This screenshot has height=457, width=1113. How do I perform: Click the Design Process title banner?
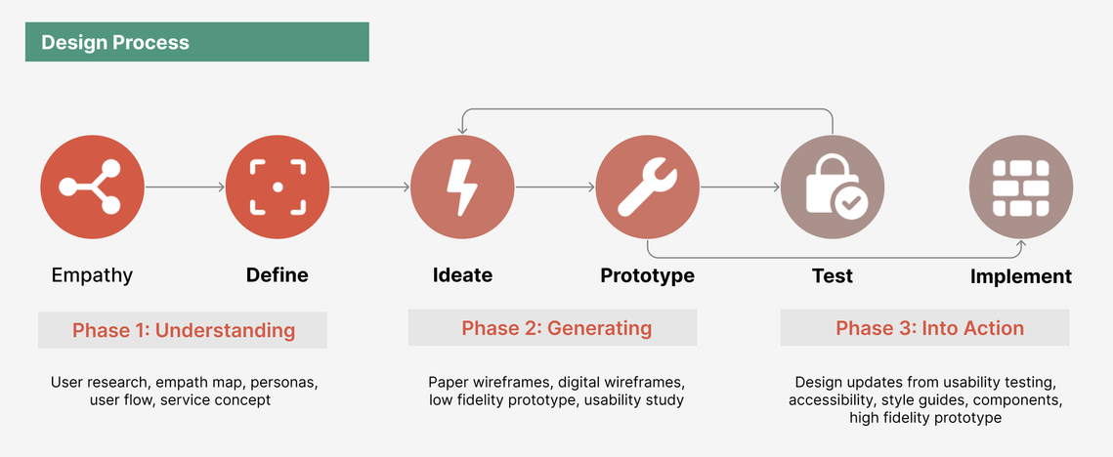click(196, 42)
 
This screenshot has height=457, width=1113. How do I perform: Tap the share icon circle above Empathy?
click(92, 187)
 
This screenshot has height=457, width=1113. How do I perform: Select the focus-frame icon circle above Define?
click(278, 187)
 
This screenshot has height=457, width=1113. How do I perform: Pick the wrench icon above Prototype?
click(648, 187)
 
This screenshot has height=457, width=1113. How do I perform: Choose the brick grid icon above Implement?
click(1021, 187)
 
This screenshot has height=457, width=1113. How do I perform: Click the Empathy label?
click(92, 275)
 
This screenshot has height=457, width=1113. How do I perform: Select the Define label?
click(278, 274)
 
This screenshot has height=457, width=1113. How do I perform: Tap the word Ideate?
click(463, 274)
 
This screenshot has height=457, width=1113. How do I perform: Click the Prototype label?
click(647, 275)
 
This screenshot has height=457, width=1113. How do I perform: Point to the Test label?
click(833, 274)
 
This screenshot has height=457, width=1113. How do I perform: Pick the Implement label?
click(1021, 276)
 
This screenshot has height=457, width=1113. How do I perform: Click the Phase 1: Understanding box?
click(183, 330)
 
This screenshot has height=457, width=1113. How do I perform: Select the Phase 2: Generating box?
click(552, 328)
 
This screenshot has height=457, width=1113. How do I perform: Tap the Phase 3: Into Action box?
click(925, 328)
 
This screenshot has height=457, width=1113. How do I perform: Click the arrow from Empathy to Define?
click(186, 187)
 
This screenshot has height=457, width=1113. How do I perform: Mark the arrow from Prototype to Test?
click(741, 187)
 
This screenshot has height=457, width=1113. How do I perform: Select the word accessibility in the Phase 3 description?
click(829, 400)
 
